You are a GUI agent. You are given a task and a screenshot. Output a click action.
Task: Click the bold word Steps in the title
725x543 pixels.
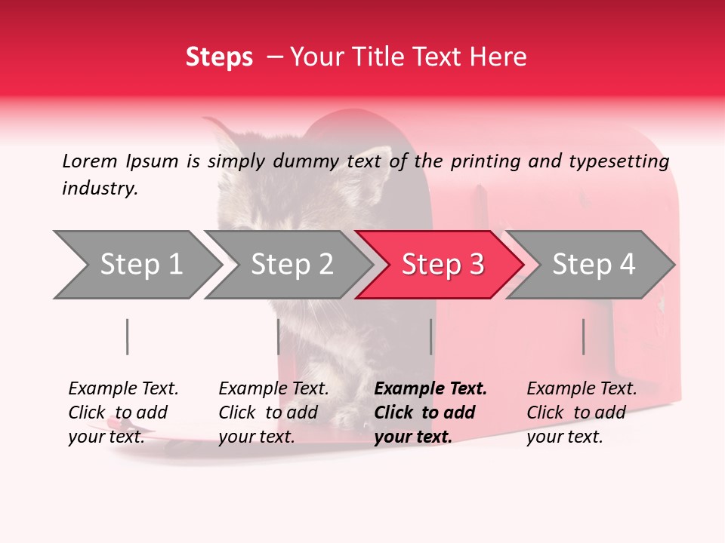pos(219,57)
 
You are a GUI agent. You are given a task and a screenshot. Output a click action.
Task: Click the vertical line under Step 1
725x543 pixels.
pos(128,336)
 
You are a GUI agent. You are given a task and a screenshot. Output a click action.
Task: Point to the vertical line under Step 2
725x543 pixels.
pos(279,336)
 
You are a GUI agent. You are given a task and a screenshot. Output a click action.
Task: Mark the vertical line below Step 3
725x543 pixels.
pos(430,336)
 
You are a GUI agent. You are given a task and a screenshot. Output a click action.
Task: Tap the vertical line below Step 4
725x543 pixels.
pos(583,336)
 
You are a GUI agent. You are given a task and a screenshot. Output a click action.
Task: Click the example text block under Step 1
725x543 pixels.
pos(123,413)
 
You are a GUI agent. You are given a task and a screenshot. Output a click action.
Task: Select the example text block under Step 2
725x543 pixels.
pos(273,413)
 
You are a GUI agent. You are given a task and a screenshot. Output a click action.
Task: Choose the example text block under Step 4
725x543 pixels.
pos(582,413)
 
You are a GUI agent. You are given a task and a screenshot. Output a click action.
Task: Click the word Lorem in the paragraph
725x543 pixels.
pos(90,161)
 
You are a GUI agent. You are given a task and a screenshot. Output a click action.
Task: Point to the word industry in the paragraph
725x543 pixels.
pos(100,189)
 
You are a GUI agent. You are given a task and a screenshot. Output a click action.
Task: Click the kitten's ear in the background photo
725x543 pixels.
pos(224,140)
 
